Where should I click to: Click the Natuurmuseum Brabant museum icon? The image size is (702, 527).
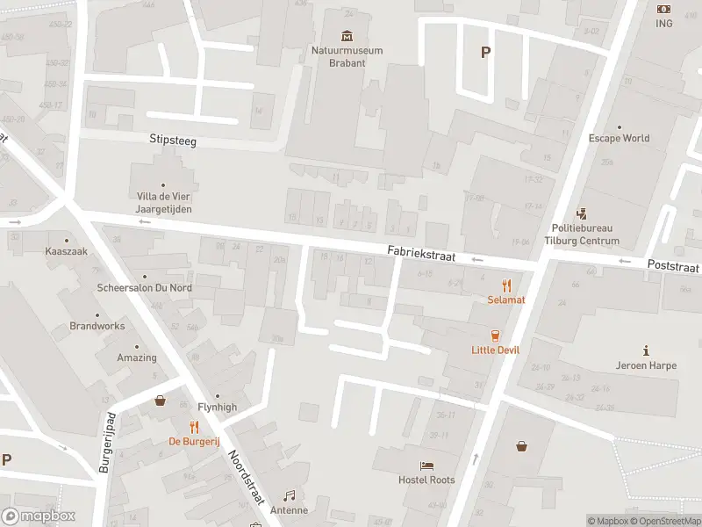(x=347, y=36)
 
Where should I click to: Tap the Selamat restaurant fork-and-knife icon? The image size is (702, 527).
(x=506, y=285)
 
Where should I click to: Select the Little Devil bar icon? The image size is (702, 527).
(x=495, y=336)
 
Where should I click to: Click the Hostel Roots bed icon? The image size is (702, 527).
(x=426, y=466)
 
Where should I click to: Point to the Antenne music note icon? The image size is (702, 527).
(x=289, y=496)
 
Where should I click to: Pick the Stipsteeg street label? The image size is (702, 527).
(x=172, y=139)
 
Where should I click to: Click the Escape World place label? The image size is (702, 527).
(x=619, y=138)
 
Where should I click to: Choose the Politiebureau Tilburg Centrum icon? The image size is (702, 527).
(x=581, y=213)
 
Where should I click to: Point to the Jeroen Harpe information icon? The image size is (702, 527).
(x=646, y=350)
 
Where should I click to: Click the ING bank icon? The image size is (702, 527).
(x=663, y=9)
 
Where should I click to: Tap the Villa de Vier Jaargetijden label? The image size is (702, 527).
(x=163, y=203)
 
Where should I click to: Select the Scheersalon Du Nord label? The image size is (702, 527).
(x=145, y=288)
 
